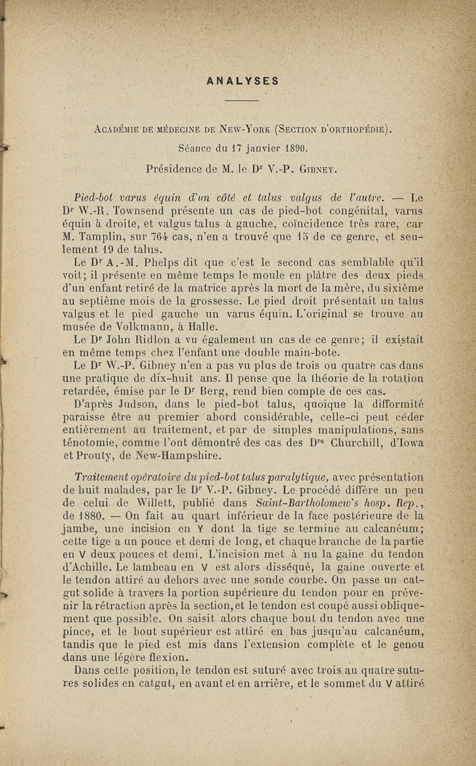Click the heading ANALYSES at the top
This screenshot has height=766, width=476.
click(x=242, y=80)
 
